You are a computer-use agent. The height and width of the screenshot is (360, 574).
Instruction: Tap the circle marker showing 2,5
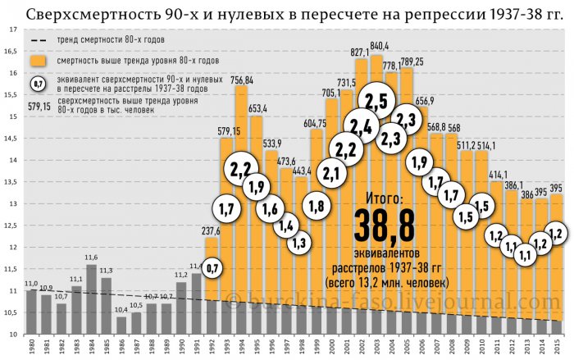point(376,103)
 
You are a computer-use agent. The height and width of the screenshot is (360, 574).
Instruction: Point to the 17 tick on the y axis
point(14,29)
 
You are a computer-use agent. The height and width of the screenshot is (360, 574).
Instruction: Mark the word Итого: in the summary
point(380,198)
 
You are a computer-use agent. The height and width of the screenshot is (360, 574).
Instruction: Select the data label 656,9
point(423,101)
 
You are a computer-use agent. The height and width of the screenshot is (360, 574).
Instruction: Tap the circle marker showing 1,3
point(301,241)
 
